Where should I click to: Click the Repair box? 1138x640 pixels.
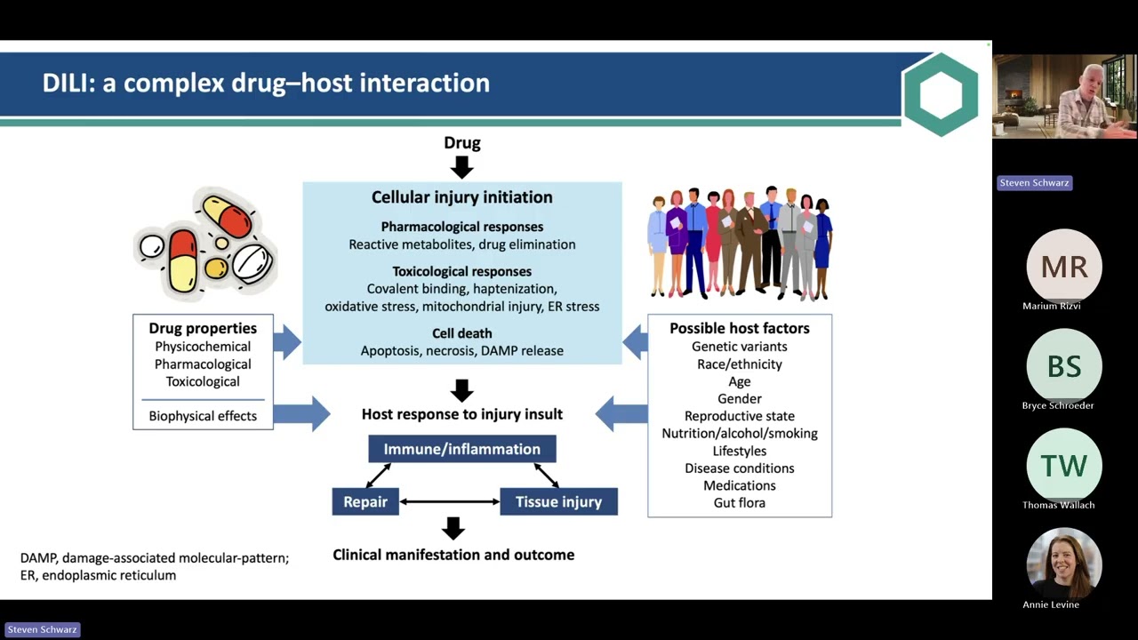365,501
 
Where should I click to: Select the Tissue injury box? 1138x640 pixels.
559,501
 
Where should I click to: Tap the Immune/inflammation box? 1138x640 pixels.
461,449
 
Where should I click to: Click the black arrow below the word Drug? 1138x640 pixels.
461,167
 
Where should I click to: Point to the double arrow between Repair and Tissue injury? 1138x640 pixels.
450,502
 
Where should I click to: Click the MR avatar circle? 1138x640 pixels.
1064,266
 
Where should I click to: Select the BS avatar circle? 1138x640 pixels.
1064,365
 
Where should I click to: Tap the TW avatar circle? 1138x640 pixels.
1064,465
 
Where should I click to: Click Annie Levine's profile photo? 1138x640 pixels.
1064,564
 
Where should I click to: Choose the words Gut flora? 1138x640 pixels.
739,503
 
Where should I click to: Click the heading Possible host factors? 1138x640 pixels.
739,328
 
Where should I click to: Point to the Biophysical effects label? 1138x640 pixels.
203,416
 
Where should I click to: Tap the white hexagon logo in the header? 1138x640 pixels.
941,94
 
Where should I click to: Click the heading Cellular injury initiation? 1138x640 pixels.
461,197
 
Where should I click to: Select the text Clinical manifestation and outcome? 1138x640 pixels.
453,555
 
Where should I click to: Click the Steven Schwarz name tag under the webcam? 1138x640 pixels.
1034,183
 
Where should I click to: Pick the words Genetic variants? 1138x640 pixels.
739,347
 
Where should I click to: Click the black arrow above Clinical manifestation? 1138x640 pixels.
453,528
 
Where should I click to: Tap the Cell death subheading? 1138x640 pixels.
461,333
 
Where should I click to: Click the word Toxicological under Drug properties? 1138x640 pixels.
203,381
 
